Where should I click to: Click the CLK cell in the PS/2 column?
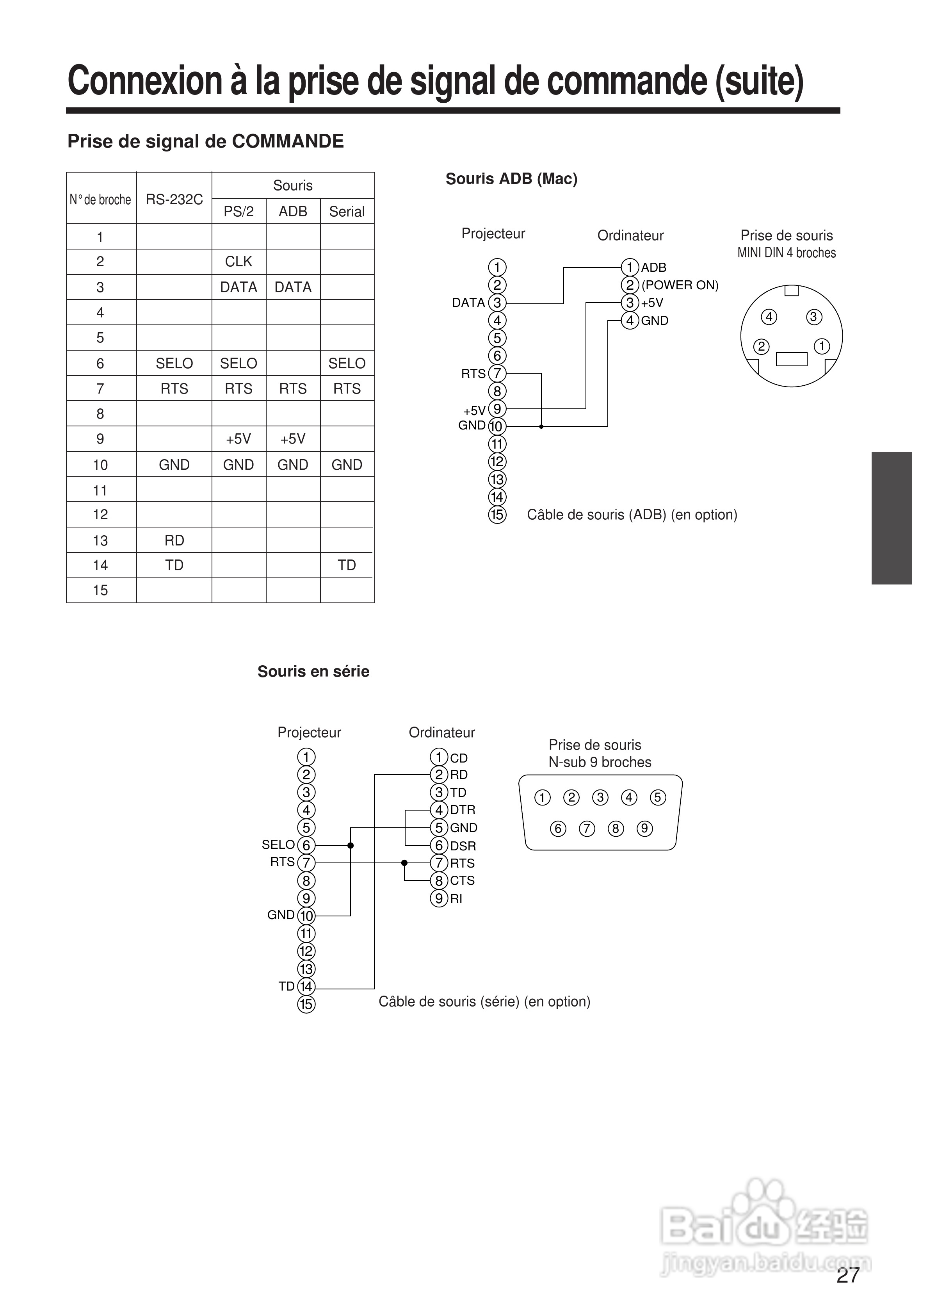[238, 262]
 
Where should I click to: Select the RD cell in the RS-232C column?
[174, 540]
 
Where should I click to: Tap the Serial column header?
[347, 211]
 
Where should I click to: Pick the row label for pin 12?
[100, 514]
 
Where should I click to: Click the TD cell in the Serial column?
[347, 565]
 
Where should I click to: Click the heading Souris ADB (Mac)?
[511, 179]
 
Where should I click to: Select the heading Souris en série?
[313, 671]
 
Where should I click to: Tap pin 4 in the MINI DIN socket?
[769, 317]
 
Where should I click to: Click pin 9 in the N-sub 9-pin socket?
[644, 829]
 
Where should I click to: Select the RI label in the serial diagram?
[456, 899]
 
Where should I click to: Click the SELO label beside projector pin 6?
[278, 845]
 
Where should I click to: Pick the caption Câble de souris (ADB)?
[632, 515]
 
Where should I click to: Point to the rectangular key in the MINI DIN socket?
[791, 359]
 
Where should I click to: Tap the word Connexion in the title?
[145, 81]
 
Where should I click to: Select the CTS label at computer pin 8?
[462, 880]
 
